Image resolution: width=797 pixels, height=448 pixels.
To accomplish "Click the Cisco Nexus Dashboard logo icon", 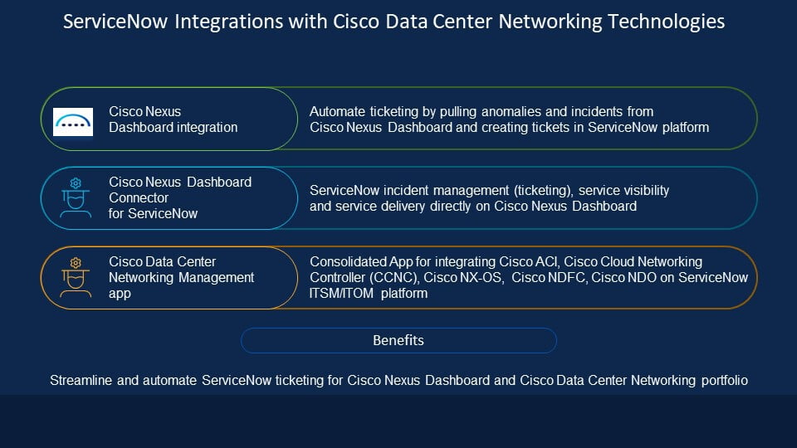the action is pyautogui.click(x=73, y=122).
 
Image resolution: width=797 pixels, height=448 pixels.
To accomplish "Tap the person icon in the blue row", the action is pyautogui.click(x=76, y=197).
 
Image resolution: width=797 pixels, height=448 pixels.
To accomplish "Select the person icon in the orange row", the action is pyautogui.click(x=76, y=277).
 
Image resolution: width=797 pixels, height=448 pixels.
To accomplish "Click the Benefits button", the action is pyautogui.click(x=398, y=340).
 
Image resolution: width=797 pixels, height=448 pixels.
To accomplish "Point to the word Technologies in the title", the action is pyautogui.click(x=666, y=22).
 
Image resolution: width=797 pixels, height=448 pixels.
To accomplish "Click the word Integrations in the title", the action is pyautogui.click(x=229, y=22).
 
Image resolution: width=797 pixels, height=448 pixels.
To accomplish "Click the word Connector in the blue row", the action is pyautogui.click(x=139, y=197).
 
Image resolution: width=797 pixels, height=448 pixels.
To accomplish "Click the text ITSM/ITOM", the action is pyautogui.click(x=341, y=294).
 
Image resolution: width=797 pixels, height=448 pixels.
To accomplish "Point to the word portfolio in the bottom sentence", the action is pyautogui.click(x=724, y=381).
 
